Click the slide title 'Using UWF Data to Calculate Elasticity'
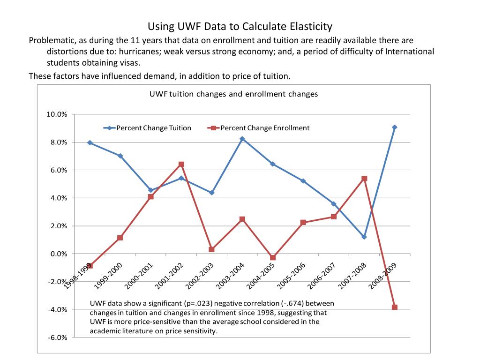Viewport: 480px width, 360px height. (x=240, y=26)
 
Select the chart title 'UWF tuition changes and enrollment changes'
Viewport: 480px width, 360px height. (x=233, y=94)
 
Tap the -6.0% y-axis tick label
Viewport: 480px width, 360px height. (x=57, y=337)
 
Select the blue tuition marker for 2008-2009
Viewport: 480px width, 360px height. (x=394, y=127)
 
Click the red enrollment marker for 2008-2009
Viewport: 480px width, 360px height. (x=394, y=307)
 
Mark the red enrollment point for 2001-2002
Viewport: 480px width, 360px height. (x=181, y=164)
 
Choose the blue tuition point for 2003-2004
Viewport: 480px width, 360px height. (x=242, y=139)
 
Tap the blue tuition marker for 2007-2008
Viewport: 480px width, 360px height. (x=364, y=237)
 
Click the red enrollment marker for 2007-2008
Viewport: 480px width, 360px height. (x=364, y=178)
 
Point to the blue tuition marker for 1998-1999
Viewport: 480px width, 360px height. (x=90, y=142)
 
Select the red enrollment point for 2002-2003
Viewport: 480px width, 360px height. (x=211, y=249)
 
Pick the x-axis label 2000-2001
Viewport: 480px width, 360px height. (x=139, y=277)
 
